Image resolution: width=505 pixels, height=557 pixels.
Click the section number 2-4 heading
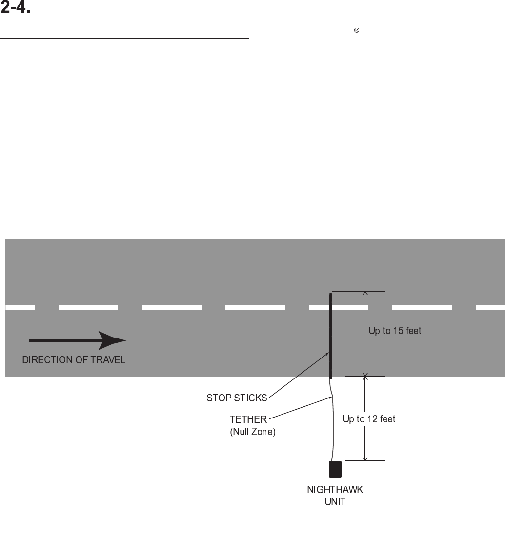tap(16, 9)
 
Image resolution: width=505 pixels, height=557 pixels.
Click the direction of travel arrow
tap(77, 340)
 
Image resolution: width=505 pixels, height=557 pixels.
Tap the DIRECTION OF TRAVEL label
tap(74, 361)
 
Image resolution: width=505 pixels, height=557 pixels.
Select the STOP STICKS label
tap(237, 398)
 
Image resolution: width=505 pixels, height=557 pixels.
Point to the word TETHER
tap(248, 419)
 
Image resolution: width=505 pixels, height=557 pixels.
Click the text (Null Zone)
tap(253, 432)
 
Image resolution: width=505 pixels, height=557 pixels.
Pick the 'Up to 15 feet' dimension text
tap(395, 331)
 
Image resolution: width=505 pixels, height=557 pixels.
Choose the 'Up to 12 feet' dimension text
tap(369, 419)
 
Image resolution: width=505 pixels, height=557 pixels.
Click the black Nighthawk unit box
tap(335, 469)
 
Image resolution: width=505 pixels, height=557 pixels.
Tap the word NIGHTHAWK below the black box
tap(335, 490)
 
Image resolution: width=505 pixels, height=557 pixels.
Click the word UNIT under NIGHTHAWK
tap(335, 501)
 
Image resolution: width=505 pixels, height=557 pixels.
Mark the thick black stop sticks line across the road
tap(331, 337)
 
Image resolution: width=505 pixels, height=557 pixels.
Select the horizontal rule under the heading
tap(124, 38)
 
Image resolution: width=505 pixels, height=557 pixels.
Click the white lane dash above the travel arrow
tap(88, 308)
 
